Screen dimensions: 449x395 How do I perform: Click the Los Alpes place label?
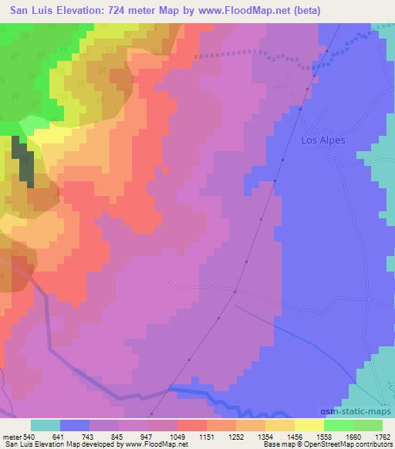[x=322, y=141]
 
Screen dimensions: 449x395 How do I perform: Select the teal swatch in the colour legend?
[x=45, y=425]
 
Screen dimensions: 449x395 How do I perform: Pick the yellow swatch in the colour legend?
[x=309, y=425]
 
